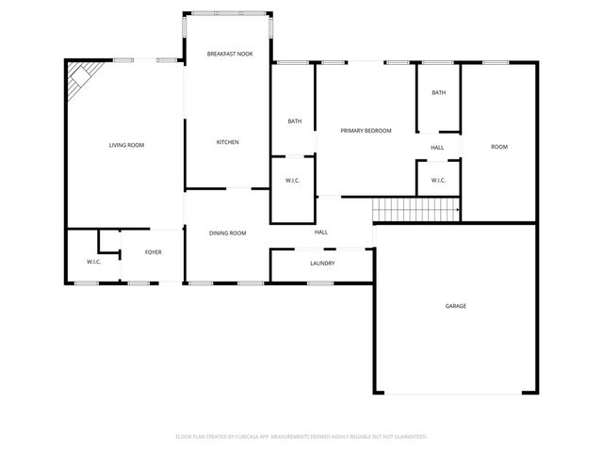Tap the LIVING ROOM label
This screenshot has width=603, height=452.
(126, 145)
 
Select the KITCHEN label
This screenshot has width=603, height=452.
(227, 142)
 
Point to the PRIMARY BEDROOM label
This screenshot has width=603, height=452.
(366, 131)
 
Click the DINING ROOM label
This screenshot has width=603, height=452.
(227, 233)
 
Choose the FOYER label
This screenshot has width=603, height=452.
(153, 252)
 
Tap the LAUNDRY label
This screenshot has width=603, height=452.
(322, 263)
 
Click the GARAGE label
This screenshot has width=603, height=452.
(456, 306)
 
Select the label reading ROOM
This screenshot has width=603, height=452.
(498, 147)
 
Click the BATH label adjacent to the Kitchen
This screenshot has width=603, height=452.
(294, 121)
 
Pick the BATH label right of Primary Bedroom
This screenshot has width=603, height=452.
(438, 92)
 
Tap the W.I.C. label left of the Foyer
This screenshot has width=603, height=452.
(93, 261)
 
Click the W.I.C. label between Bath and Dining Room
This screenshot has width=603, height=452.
(292, 181)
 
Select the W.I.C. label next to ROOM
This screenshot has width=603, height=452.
(438, 180)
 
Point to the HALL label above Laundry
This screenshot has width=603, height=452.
(320, 233)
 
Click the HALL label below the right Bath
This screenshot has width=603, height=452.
(437, 148)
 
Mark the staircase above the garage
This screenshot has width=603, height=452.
(415, 210)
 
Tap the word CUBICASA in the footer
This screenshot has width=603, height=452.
(266, 436)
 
